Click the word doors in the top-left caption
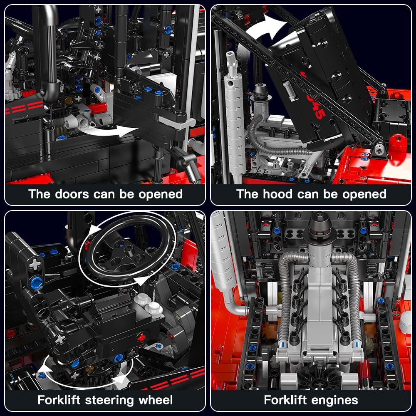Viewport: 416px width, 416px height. point(72,194)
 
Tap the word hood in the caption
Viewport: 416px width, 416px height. point(278,194)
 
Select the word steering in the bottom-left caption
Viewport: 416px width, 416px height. point(109,401)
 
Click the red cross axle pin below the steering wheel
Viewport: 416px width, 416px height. point(141,337)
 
